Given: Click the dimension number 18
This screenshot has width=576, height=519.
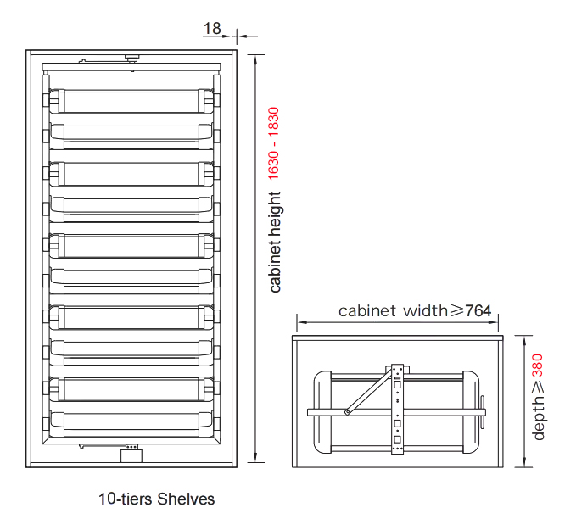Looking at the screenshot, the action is tap(212, 28).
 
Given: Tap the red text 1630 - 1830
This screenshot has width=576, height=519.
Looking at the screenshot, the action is tap(274, 143).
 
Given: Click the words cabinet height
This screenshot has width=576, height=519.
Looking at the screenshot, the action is tap(275, 242).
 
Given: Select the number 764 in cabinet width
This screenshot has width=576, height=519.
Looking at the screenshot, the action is tap(478, 311).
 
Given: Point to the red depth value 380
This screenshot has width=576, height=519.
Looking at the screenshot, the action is tap(537, 366).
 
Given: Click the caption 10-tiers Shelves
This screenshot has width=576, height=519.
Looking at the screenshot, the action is tap(156, 499).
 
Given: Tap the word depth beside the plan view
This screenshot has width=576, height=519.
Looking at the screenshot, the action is tap(538, 417).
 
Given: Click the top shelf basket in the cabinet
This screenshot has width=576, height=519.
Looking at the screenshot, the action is tap(131, 101).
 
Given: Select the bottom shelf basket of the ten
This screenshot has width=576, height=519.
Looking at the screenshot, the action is tap(131, 425).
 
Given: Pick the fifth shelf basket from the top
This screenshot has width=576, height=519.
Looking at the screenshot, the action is tap(131, 245).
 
